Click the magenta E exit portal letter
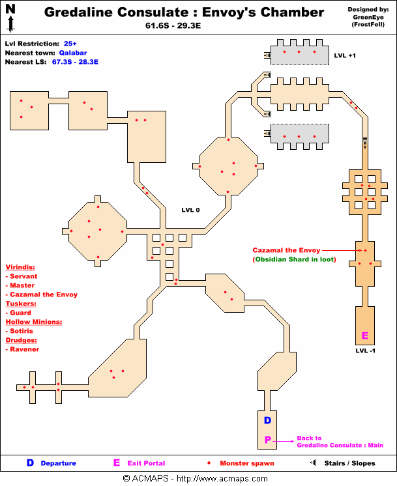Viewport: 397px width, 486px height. click(365, 336)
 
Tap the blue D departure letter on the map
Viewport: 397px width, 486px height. click(267, 421)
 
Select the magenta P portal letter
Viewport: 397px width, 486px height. click(267, 441)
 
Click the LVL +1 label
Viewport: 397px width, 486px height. click(345, 56)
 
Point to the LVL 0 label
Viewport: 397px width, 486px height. click(190, 210)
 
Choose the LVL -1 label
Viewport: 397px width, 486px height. click(365, 351)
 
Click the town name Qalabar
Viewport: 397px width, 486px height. click(73, 53)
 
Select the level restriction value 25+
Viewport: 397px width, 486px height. click(70, 43)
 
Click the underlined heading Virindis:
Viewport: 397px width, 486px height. click(20, 267)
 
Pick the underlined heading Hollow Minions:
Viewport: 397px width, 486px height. click(33, 322)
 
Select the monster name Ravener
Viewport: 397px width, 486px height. click(25, 349)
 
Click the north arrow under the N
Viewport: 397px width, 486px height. click(10, 24)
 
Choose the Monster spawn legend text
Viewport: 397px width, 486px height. click(246, 464)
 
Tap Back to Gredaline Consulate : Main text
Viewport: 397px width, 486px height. click(340, 442)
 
